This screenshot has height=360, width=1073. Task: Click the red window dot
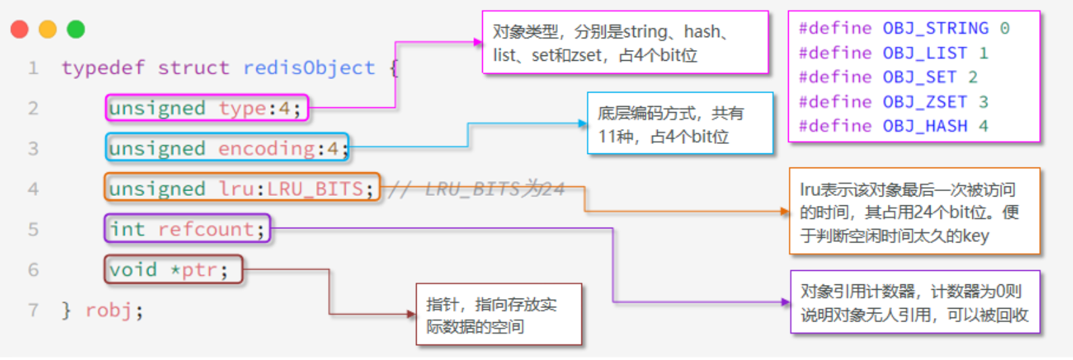(20, 30)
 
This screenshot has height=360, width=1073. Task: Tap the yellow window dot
(48, 30)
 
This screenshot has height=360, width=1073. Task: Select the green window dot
(76, 30)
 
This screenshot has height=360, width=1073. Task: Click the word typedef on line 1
(103, 68)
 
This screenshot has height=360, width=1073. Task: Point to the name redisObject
(309, 68)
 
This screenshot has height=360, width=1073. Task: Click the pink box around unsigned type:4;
(207, 108)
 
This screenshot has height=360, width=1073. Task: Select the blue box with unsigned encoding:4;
(227, 148)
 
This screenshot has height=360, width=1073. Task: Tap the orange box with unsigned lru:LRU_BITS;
(242, 188)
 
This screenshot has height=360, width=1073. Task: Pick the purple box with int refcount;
(187, 229)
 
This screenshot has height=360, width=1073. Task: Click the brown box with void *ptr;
(173, 269)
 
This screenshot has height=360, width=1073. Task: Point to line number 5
(33, 230)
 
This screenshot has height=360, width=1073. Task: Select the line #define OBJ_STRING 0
(904, 28)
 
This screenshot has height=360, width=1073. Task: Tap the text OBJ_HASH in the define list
(925, 126)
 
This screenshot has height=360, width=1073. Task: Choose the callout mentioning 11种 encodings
(679, 124)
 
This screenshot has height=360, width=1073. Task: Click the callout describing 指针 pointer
(498, 315)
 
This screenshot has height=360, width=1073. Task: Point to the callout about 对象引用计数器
(914, 303)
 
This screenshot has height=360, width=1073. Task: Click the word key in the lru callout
(976, 236)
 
